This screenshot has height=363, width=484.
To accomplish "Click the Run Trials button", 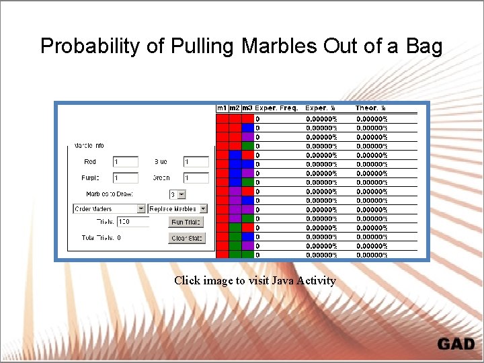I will pyautogui.click(x=186, y=222).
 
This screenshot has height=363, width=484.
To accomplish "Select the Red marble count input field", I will pyautogui.click(x=126, y=162).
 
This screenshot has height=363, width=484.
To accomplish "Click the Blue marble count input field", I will pyautogui.click(x=196, y=162).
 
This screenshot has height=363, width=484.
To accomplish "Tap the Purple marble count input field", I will pyautogui.click(x=126, y=178).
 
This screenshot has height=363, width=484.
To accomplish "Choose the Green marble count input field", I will pyautogui.click(x=196, y=178).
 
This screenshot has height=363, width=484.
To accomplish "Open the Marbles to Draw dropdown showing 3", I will pyautogui.click(x=177, y=194).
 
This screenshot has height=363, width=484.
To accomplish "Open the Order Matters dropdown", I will pyautogui.click(x=109, y=209).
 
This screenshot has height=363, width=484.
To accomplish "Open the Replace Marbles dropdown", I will pyautogui.click(x=177, y=209).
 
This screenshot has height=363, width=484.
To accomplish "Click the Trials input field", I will pyautogui.click(x=133, y=222).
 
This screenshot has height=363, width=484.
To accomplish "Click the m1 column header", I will pyautogui.click(x=222, y=108).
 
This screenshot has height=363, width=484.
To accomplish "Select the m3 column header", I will pyautogui.click(x=247, y=108).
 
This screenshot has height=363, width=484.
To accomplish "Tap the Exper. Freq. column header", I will pyautogui.click(x=276, y=108).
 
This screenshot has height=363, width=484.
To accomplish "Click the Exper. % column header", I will pyautogui.click(x=321, y=108).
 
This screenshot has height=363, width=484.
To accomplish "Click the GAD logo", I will pyautogui.click(x=456, y=344).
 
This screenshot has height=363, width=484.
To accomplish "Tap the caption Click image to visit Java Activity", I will pyautogui.click(x=255, y=280).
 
